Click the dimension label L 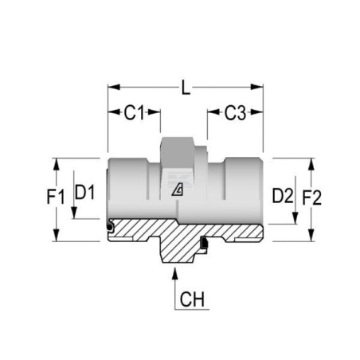click(186, 88)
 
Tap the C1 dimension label click(134, 112)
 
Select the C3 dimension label click(235, 113)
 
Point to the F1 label click(56, 197)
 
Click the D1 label click(84, 193)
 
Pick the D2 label click(283, 196)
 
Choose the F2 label click(312, 198)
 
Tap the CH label click(192, 299)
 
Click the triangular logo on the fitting click(178, 190)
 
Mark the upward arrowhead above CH click(174, 273)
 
